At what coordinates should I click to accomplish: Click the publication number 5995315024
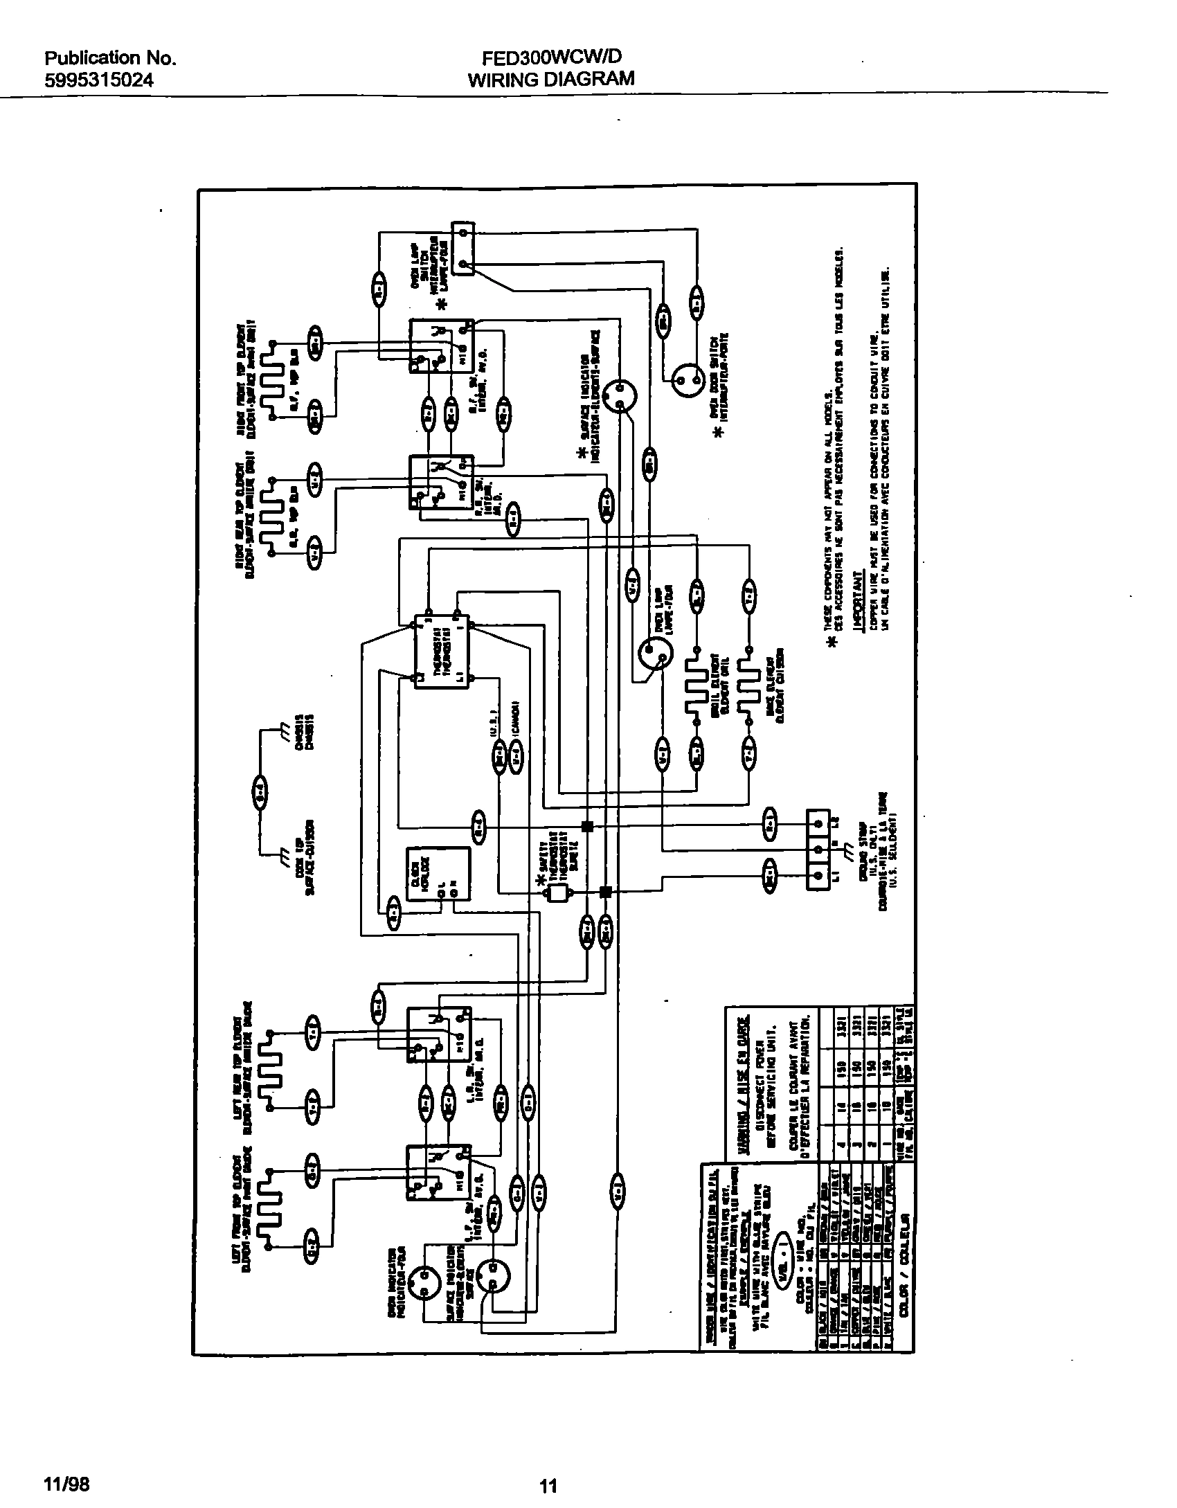[x=99, y=81]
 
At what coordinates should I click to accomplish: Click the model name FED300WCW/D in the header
[x=550, y=58]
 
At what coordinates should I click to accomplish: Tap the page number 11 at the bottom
[x=548, y=1480]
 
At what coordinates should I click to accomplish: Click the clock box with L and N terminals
[x=438, y=875]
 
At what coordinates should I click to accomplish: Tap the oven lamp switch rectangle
[x=463, y=248]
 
